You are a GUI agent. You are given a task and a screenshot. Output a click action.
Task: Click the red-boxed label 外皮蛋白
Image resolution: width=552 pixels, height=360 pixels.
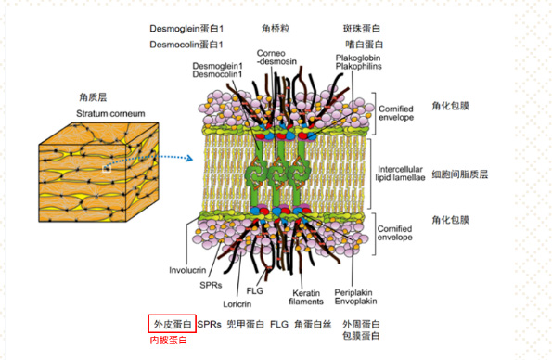[x=172, y=325]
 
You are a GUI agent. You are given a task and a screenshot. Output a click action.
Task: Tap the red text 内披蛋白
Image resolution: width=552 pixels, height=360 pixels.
[x=169, y=341]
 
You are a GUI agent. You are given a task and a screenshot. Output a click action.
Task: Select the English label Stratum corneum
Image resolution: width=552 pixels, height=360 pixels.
[x=110, y=113]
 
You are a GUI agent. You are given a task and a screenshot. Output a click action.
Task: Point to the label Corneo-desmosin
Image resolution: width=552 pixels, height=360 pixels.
[x=276, y=58]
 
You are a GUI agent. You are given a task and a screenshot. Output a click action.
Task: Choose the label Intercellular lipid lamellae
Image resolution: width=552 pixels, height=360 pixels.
[x=402, y=167]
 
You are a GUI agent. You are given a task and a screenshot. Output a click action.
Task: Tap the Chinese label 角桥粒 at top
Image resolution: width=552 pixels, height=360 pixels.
[x=278, y=28]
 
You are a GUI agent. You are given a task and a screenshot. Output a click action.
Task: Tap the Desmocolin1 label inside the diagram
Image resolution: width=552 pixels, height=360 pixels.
[x=216, y=74]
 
